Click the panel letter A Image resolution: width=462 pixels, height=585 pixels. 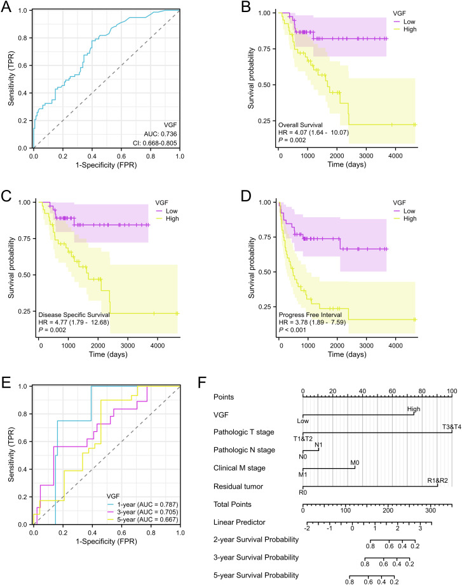click(6, 7)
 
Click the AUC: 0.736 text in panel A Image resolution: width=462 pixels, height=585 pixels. click(161, 134)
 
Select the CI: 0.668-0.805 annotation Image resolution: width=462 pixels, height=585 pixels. click(155, 143)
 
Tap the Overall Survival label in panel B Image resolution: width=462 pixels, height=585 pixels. click(301, 125)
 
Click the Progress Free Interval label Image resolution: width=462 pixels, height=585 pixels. click(310, 315)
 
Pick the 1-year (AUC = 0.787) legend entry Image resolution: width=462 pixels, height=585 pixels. click(147, 504)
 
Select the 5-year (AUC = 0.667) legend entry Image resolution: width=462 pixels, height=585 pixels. click(147, 520)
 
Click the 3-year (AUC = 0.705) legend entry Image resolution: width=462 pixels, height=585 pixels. click(147, 512)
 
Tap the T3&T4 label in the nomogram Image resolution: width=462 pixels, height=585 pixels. click(452, 426)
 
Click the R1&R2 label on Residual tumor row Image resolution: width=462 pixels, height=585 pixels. click(437, 481)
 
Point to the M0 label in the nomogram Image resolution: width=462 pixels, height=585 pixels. click(355, 462)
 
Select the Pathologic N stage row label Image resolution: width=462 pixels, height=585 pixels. click(244, 450)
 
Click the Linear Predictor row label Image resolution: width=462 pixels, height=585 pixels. click(239, 522)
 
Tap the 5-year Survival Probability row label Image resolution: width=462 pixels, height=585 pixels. click(256, 575)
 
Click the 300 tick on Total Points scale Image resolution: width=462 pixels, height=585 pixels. click(430, 511)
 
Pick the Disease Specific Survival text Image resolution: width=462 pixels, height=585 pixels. click(74, 315)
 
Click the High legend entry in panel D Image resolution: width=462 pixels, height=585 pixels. click(410, 219)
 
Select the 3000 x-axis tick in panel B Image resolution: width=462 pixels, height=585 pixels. click(366, 156)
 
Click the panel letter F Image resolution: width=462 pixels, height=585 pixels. click(202, 382)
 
